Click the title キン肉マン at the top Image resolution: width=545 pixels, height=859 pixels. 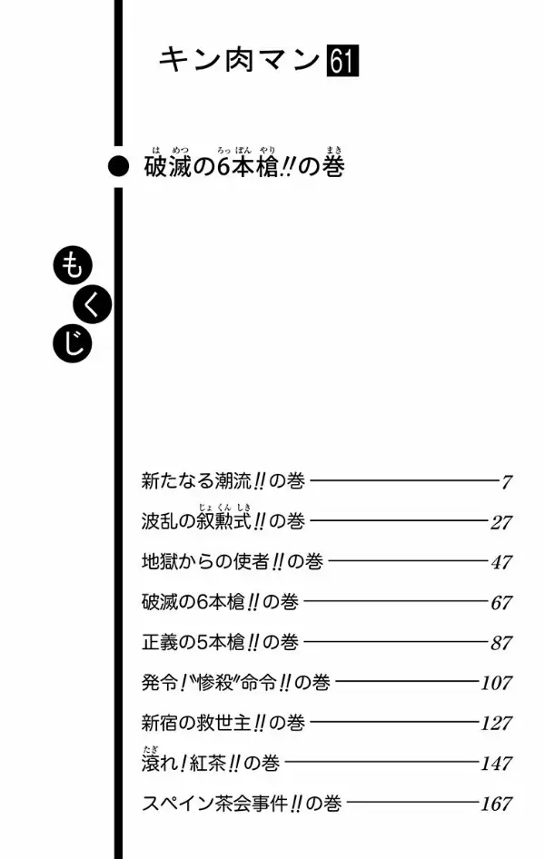240,60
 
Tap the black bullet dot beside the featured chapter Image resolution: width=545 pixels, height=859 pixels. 118,166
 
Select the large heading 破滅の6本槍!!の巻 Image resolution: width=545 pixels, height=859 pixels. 244,166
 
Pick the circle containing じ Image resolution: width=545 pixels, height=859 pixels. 73,343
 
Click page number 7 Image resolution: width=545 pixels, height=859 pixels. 506,482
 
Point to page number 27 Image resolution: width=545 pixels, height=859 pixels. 501,522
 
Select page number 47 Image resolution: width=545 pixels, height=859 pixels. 501,562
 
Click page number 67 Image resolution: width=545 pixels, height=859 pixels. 501,603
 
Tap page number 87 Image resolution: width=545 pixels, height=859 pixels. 501,643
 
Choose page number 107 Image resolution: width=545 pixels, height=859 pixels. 497,683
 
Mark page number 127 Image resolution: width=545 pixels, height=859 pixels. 497,723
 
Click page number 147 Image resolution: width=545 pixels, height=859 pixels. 497,763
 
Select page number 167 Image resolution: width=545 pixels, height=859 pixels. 497,804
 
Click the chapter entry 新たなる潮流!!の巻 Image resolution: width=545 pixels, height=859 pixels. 223,481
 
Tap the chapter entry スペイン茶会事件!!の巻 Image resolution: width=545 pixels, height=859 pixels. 242,803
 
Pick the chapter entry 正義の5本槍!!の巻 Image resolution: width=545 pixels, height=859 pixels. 220,642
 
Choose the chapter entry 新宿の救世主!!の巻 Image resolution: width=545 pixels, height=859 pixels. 223,723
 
